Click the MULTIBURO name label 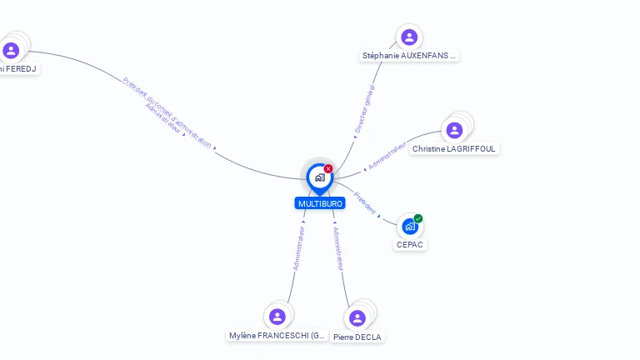(x=319, y=203)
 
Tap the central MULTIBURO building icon (x=319, y=177)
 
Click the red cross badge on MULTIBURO (x=328, y=168)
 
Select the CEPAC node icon (x=409, y=226)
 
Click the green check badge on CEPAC (x=418, y=218)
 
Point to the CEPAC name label (x=410, y=245)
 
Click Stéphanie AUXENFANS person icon (x=409, y=37)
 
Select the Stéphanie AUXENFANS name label (x=409, y=56)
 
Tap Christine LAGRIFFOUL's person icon (x=454, y=130)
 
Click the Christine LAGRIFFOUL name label (x=454, y=149)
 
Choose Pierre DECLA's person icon (x=357, y=318)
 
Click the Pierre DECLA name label (x=357, y=337)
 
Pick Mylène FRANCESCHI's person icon (x=277, y=317)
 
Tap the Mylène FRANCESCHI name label (x=277, y=336)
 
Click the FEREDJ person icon (x=11, y=50)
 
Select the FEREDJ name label (x=18, y=69)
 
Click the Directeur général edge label (x=364, y=109)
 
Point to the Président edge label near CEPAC (x=365, y=202)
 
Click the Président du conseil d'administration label (x=167, y=112)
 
